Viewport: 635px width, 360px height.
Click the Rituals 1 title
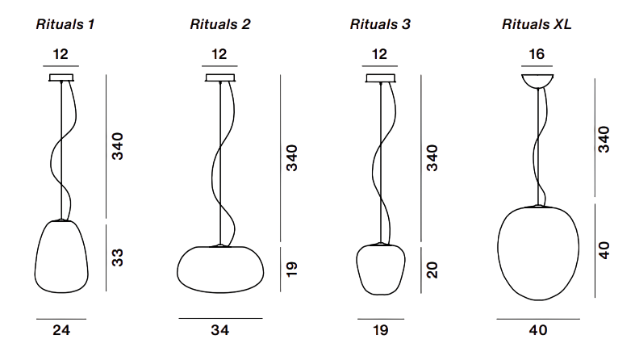coord(65,24)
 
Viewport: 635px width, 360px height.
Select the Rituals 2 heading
coord(220,24)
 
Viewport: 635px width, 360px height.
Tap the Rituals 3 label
coord(380,24)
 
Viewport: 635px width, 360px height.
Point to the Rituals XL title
coord(537,24)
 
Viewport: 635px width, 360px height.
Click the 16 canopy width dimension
coord(537,54)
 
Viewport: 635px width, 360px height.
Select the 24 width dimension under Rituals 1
coord(61,330)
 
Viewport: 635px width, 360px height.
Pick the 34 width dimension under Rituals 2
coord(220,330)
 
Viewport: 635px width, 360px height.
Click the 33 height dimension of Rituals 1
coord(118,257)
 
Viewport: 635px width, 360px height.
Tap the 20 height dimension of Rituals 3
coord(432,270)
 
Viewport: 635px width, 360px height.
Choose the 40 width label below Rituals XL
coord(538,330)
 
